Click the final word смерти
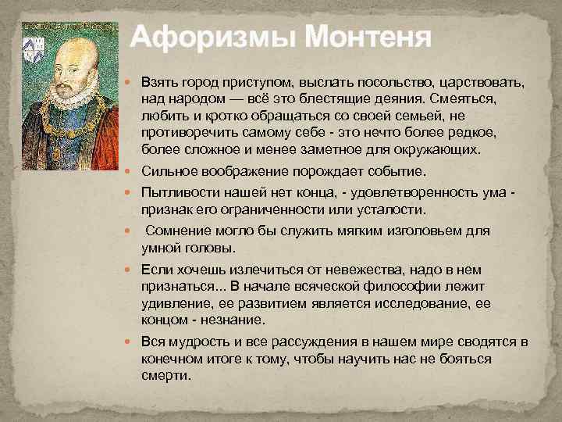pos(165,374)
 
